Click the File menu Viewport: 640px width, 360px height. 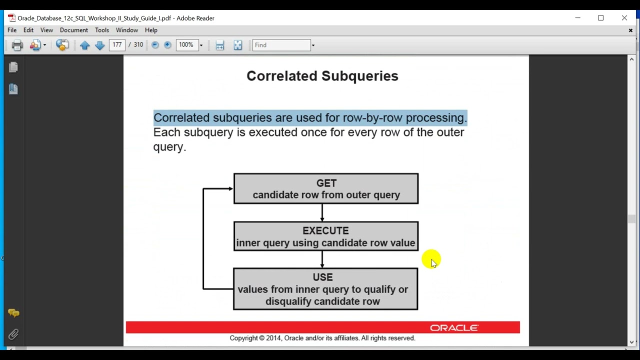(x=12, y=30)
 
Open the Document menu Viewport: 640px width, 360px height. (x=73, y=30)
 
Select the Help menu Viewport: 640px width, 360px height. (x=151, y=30)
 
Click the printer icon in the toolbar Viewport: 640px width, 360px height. (x=17, y=45)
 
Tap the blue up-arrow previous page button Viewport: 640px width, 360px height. (x=84, y=45)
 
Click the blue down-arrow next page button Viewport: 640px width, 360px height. (x=99, y=45)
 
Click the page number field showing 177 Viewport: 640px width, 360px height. (x=117, y=45)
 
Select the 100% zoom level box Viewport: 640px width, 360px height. (x=186, y=45)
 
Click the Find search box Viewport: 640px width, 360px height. (x=281, y=45)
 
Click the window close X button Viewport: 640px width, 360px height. (x=624, y=18)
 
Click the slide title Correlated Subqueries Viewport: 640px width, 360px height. (x=322, y=76)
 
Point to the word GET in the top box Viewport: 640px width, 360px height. (x=326, y=183)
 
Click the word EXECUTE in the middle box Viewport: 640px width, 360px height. (x=325, y=230)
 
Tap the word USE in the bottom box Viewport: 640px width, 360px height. (x=322, y=277)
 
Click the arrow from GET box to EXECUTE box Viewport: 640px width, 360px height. (x=322, y=212)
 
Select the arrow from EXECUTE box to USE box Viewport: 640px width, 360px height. (x=322, y=259)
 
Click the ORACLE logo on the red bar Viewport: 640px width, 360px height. (x=454, y=328)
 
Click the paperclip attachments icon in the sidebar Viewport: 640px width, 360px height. (x=13, y=334)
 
